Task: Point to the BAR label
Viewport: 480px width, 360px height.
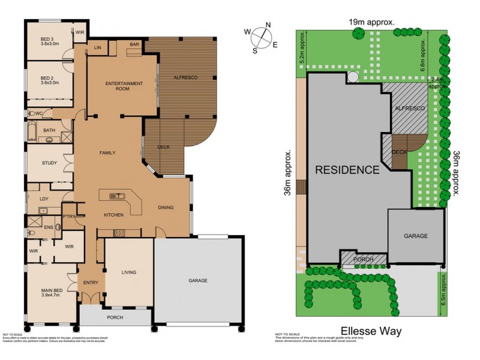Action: tap(134, 44)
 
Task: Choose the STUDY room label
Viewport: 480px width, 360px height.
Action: tap(49, 163)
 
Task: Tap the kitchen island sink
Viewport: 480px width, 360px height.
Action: tap(116, 196)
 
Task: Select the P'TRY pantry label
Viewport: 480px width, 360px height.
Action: tap(68, 217)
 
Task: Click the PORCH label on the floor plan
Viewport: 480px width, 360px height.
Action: tap(115, 317)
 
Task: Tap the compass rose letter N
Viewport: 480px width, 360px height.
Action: tap(268, 25)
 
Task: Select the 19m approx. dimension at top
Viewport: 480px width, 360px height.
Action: tap(371, 22)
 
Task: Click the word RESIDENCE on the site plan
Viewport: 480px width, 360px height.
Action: tap(347, 170)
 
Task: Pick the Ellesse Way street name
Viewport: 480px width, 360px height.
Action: tap(371, 331)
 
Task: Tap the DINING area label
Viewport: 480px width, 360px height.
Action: tap(166, 208)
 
